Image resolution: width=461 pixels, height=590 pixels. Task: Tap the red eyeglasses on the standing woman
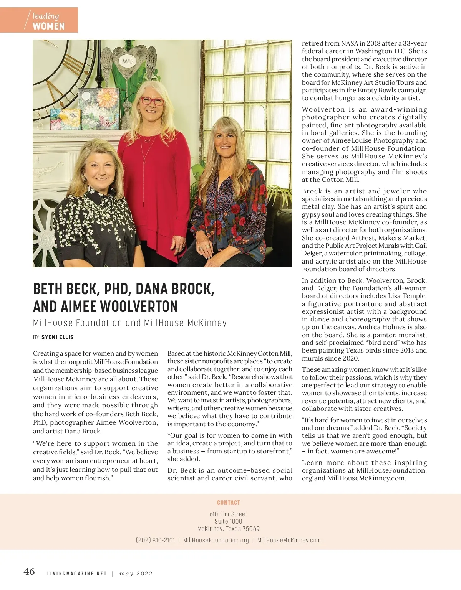tap(152, 101)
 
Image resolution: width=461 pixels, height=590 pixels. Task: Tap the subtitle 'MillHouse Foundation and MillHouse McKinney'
tap(130, 323)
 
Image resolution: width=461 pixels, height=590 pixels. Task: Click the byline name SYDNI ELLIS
tap(58, 337)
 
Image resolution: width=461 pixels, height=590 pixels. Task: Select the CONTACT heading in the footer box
tap(229, 503)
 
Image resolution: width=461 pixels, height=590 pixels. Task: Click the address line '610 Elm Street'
tap(229, 514)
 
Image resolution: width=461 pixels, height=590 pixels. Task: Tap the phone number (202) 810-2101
tap(155, 540)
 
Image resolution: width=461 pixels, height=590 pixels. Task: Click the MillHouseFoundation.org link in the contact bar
tap(216, 540)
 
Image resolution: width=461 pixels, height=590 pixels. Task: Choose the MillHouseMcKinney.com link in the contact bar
tap(289, 540)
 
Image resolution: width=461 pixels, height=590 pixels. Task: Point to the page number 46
tap(29, 572)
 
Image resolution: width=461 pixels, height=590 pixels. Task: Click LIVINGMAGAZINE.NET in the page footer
tap(77, 574)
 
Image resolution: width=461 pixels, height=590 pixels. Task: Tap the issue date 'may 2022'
tap(136, 574)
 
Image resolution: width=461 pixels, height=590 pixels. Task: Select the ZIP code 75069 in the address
tap(251, 529)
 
